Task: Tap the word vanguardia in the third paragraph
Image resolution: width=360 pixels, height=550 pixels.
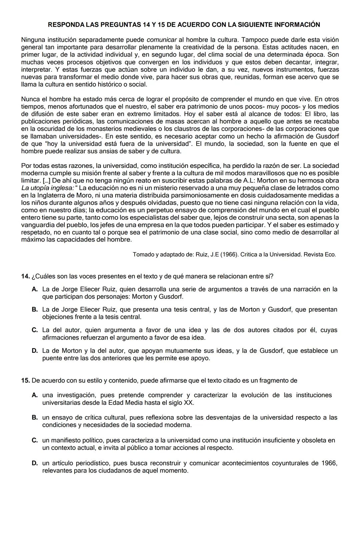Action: [36, 225]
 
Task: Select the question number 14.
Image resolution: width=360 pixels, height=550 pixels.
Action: [25, 276]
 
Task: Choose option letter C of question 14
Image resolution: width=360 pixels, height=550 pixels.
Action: [34, 330]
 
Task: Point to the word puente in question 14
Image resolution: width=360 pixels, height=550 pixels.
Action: [52, 358]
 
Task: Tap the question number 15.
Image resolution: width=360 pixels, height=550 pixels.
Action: [25, 380]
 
